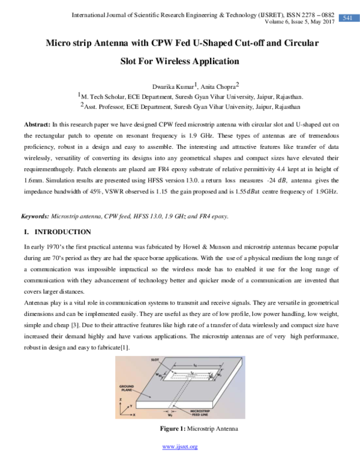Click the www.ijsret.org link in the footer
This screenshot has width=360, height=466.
(180, 446)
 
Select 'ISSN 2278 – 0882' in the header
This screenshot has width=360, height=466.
(306, 13)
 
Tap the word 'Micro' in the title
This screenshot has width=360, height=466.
(61, 44)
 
